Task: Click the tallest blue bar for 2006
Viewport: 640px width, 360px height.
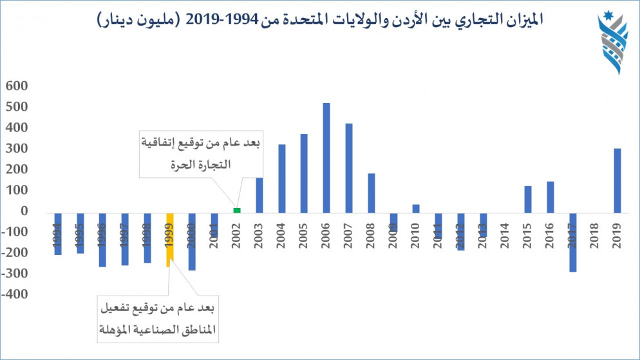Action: pos(326,157)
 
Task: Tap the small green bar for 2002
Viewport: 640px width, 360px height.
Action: pos(237,210)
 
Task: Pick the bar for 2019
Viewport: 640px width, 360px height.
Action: pos(617,180)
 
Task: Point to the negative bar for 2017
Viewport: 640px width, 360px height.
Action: pos(572,242)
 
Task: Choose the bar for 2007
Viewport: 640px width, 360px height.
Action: pos(349,167)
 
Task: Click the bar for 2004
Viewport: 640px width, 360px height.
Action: pos(281,178)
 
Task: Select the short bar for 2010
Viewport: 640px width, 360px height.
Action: pos(416,208)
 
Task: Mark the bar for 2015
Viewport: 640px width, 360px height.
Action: pos(528,198)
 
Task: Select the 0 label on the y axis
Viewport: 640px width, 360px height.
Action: pos(24,211)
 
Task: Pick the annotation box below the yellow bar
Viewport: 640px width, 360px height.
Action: pos(158,318)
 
